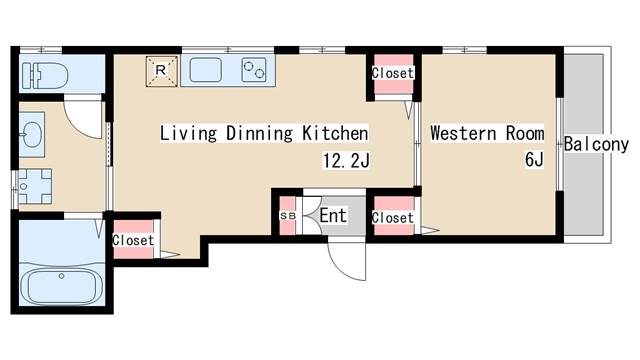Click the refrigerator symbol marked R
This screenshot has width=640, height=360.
point(162,71)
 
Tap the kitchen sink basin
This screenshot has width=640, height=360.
point(206,70)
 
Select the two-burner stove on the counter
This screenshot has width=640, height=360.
point(253,70)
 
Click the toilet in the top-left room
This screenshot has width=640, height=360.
point(45,76)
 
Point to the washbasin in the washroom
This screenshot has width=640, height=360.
point(32,134)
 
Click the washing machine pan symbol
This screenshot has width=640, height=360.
point(35,187)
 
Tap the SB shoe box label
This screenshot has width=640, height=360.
point(288,216)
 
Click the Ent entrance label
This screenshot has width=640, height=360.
point(333,216)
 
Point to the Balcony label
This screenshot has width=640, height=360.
point(596,144)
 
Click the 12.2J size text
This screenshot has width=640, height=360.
point(346,160)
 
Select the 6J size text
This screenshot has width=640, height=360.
point(534,159)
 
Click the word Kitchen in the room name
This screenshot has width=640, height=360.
point(335,133)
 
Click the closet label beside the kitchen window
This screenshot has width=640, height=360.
point(393,73)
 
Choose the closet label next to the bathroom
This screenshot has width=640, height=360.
point(133,240)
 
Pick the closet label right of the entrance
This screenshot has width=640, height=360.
point(393,218)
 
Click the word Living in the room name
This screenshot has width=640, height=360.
point(188,133)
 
